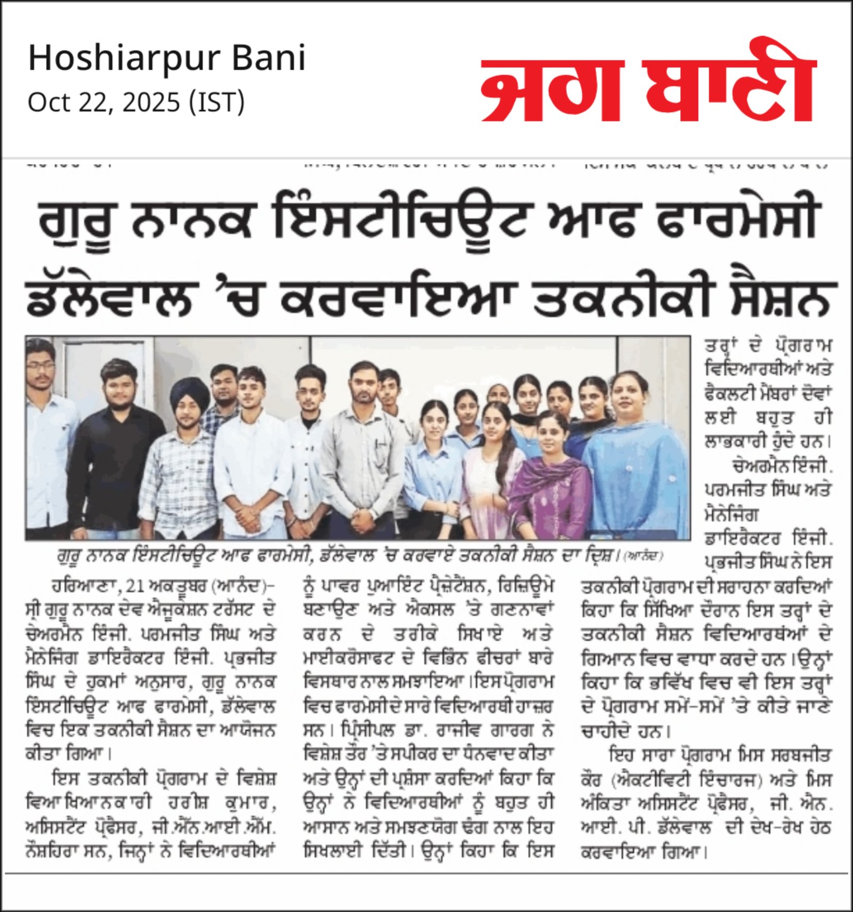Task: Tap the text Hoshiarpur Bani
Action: [167, 58]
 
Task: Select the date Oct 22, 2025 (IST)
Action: [136, 102]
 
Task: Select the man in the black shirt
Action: [115, 458]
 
